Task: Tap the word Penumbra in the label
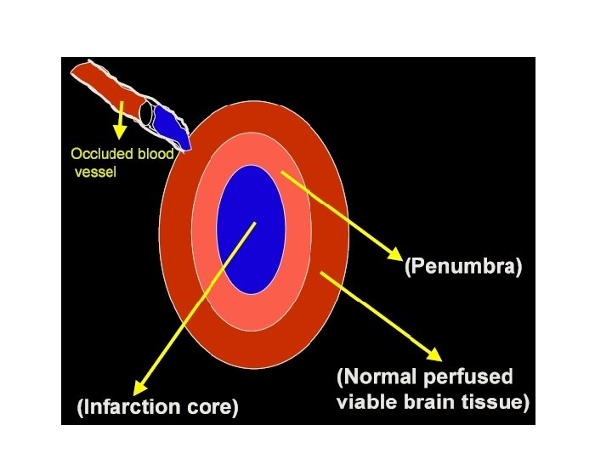(x=463, y=269)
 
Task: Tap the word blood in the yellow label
(x=156, y=154)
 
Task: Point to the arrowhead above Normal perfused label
(x=435, y=354)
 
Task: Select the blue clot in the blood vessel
(x=171, y=127)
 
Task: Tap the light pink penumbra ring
(x=293, y=280)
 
